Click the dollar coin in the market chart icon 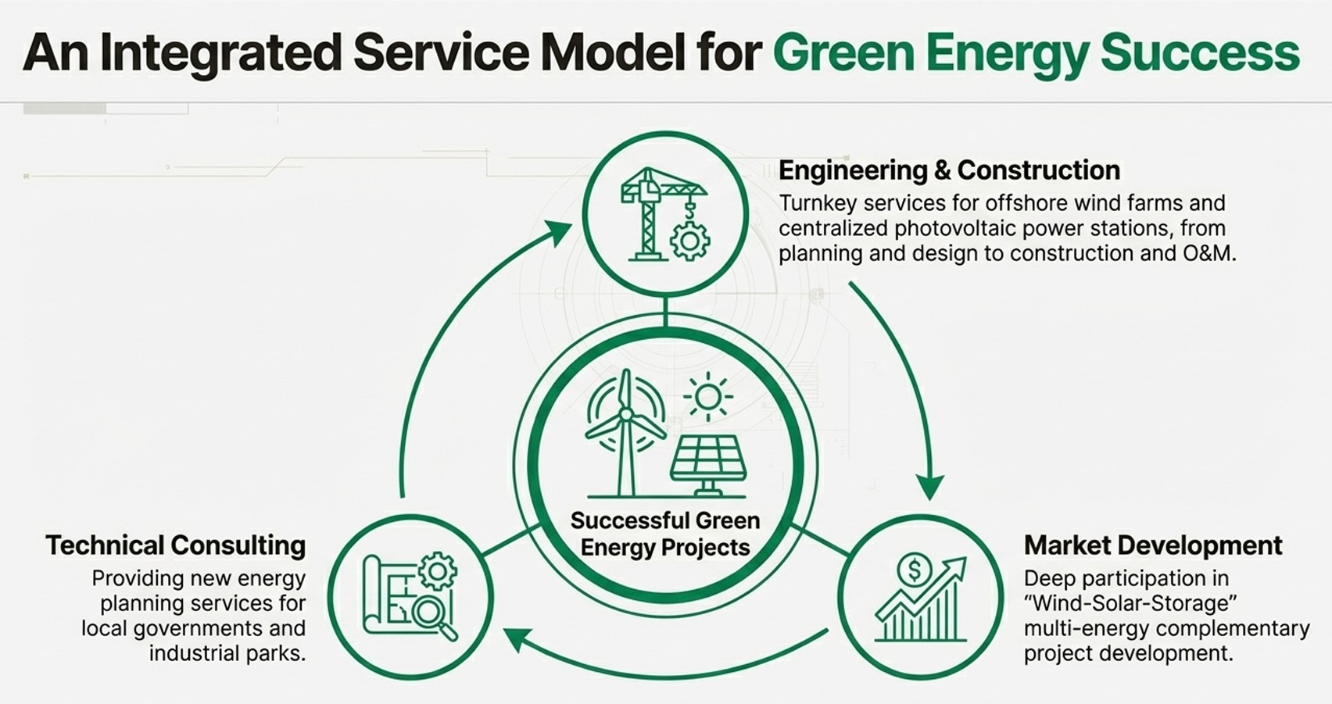pos(914,570)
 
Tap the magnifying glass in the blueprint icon pos(431,613)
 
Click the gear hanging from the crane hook pos(689,240)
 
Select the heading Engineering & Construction pos(949,170)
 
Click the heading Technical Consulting pos(175,545)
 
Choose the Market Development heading pos(1153,545)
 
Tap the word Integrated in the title pos(221,53)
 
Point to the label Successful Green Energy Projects pos(665,534)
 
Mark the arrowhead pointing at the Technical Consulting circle pos(518,638)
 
